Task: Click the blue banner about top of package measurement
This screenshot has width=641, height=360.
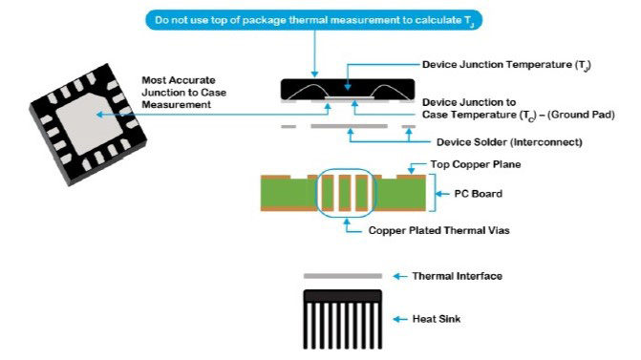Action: coord(314,20)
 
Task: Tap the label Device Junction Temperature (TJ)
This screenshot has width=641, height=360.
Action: coord(506,65)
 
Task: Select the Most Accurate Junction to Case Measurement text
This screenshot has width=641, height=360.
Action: coord(184,93)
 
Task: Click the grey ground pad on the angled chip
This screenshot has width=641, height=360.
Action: coord(90,123)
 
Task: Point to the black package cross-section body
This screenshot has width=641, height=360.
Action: coord(348,89)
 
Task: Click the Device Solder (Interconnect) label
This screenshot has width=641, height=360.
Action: coord(509,142)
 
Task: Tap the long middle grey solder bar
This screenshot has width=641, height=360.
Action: coord(349,126)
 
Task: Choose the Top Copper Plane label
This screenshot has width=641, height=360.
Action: coord(476,164)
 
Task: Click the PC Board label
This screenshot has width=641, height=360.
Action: coord(479,194)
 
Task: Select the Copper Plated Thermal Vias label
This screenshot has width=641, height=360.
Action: coord(439,230)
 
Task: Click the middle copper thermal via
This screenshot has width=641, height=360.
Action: coord(345,193)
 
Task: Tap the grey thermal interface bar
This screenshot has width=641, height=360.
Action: coord(343,276)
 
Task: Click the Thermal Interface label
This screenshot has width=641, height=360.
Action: coord(457,276)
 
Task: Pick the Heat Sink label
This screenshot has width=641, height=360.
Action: coord(437,319)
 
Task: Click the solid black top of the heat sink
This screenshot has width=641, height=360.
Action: coord(343,296)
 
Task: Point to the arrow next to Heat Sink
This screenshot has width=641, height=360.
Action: coord(400,319)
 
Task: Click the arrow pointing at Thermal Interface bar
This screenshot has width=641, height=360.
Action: coord(400,276)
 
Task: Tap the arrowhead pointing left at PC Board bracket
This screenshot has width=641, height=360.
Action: coord(438,194)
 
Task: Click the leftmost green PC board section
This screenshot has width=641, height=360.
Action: coord(288,193)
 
